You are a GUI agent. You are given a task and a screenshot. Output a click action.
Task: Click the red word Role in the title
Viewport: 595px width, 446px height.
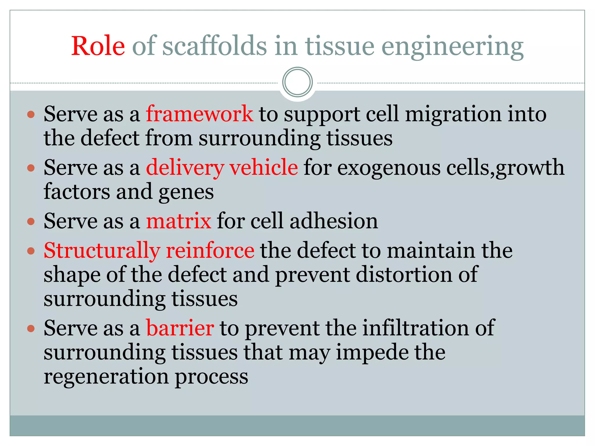tap(98, 46)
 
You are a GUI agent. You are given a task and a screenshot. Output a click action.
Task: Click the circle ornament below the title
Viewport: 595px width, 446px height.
tap(297, 82)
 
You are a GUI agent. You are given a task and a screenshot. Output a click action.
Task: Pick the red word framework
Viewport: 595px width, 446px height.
tap(199, 114)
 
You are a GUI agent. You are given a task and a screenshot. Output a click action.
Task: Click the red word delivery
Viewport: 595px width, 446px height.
tap(185, 168)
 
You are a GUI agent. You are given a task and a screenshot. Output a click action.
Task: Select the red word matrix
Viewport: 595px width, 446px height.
tap(178, 221)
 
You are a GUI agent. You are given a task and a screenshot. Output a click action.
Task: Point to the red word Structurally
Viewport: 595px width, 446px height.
tap(102, 251)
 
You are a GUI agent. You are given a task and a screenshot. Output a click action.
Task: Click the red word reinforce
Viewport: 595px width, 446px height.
tap(210, 250)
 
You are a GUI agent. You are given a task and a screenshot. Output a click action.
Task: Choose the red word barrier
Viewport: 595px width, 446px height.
tap(180, 328)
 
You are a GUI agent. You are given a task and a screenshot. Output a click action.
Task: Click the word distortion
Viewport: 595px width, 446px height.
tap(404, 274)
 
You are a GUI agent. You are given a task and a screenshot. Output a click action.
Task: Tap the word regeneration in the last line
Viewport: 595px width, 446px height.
tap(106, 377)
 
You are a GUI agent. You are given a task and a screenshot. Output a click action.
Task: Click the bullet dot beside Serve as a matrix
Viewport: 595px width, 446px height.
tap(31, 222)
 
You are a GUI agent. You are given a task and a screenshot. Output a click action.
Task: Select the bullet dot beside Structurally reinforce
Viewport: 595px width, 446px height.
tap(31, 251)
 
